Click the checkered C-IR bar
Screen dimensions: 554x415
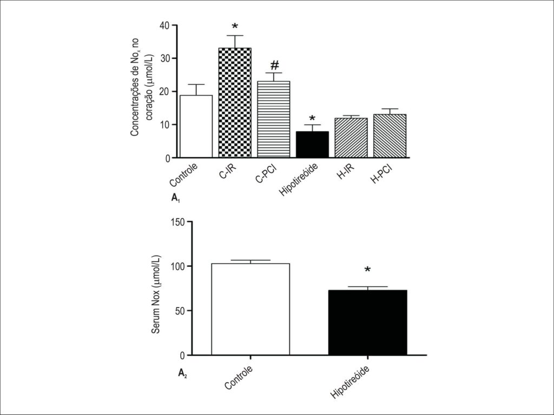click(x=235, y=102)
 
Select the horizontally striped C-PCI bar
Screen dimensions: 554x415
click(x=273, y=119)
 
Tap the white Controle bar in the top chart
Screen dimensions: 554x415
click(x=196, y=126)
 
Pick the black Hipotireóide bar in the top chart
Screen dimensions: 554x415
click(x=312, y=144)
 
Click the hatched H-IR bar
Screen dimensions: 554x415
click(x=351, y=138)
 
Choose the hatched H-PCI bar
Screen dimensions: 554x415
click(x=390, y=136)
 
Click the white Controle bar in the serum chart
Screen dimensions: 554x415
click(x=250, y=309)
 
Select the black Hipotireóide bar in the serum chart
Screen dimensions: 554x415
click(x=368, y=323)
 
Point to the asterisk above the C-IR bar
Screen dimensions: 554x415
click(x=235, y=26)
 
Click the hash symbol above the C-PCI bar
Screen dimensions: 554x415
click(x=274, y=65)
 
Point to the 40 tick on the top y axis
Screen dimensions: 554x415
click(x=165, y=25)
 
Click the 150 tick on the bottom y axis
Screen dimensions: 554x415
click(x=177, y=222)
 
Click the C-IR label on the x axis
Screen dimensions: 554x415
click(x=229, y=171)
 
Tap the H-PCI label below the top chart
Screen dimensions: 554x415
click(x=382, y=173)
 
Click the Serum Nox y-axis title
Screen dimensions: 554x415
click(x=156, y=293)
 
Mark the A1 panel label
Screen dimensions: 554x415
click(x=176, y=198)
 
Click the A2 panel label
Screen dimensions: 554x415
click(x=182, y=373)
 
